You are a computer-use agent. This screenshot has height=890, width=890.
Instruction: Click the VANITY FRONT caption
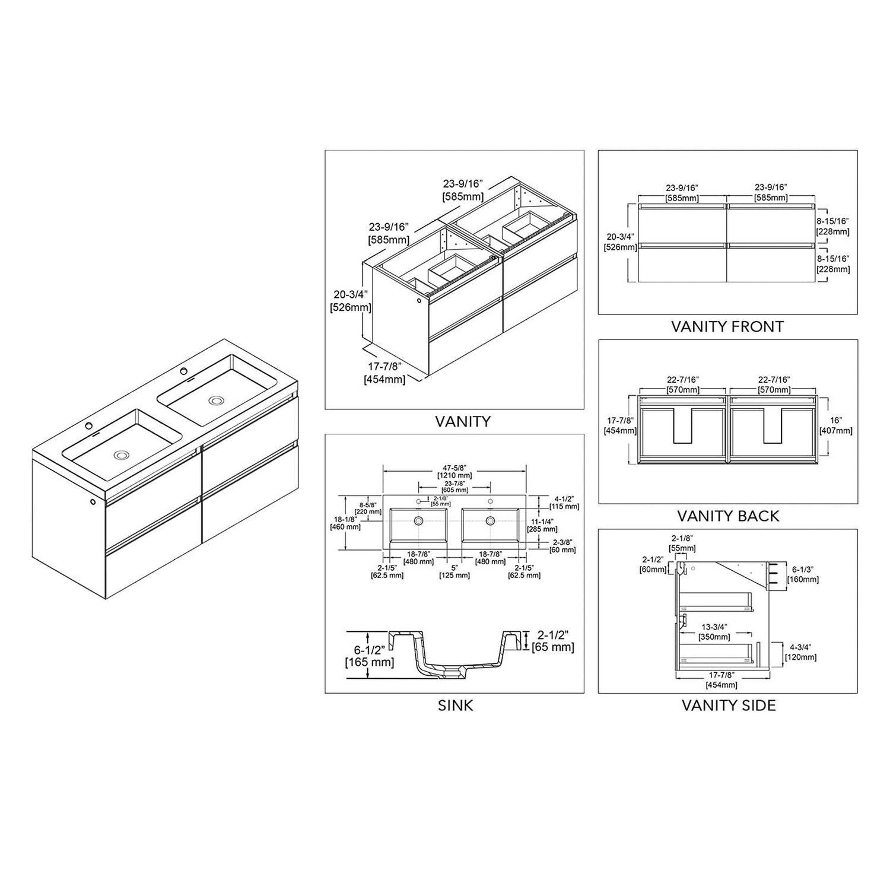(727, 326)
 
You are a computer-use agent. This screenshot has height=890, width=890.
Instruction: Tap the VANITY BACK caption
(728, 516)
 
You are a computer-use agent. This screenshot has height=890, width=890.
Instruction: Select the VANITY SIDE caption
(728, 705)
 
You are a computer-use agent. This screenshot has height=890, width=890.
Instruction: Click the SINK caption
(455, 705)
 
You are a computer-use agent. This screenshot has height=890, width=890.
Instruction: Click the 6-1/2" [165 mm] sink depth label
(370, 657)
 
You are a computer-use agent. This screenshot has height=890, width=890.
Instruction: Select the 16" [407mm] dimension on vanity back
(836, 425)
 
